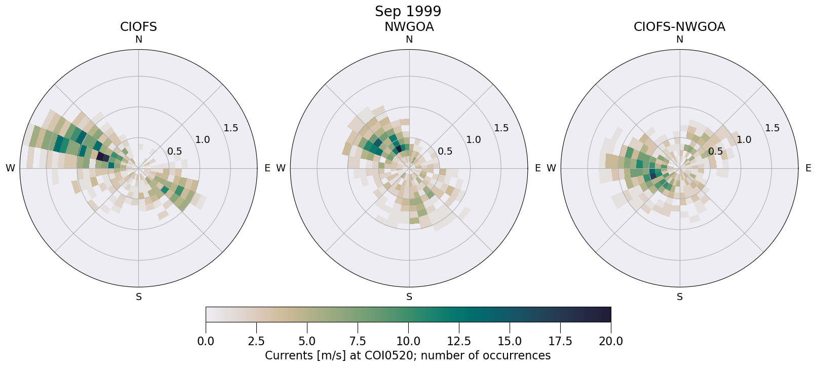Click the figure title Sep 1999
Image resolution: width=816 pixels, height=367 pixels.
tap(408, 11)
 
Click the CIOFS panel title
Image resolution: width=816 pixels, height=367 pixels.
tap(138, 27)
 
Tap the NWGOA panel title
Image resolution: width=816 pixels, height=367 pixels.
tap(409, 27)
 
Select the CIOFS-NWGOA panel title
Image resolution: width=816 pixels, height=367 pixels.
tap(679, 27)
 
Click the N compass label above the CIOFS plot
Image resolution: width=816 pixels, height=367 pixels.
tap(138, 40)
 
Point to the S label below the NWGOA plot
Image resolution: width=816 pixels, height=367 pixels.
tap(409, 297)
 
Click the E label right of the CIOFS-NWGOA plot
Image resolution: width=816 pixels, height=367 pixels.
tap(808, 168)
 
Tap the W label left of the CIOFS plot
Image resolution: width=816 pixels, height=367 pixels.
tap(10, 168)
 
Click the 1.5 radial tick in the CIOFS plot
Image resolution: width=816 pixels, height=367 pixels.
tap(231, 128)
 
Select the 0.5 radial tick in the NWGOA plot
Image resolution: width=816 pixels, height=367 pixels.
tap(445, 151)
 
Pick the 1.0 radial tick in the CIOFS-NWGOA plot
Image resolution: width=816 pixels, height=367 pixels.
tap(744, 139)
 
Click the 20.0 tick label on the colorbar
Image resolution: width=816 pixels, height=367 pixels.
tap(611, 341)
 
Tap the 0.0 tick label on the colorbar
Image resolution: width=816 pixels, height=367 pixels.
tap(206, 341)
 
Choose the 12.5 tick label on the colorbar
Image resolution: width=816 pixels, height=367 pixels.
tap(459, 341)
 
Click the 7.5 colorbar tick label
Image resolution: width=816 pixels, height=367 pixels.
tap(358, 341)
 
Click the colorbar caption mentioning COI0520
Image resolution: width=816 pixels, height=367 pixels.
tap(408, 355)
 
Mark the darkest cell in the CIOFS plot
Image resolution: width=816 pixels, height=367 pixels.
tap(103, 157)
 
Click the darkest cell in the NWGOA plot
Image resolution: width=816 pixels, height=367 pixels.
tap(399, 149)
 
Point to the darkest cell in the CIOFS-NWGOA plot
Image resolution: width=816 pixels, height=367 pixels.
tap(653, 175)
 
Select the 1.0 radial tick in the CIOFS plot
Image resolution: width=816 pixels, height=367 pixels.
tap(203, 139)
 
